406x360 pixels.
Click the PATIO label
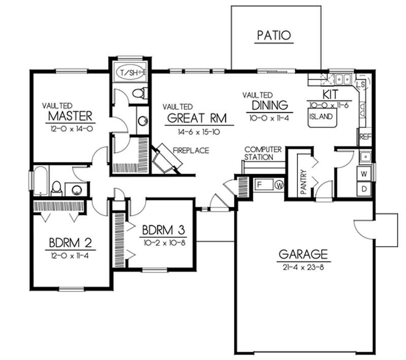click(274, 36)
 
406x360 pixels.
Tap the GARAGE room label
click(303, 254)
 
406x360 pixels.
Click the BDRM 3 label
click(163, 228)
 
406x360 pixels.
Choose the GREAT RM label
click(197, 117)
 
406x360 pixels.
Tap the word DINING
click(269, 106)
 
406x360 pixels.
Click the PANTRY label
click(303, 181)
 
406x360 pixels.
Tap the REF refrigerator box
click(365, 137)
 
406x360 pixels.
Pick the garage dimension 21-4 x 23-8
click(303, 267)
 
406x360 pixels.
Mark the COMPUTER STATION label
click(263, 153)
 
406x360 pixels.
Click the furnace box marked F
click(258, 184)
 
